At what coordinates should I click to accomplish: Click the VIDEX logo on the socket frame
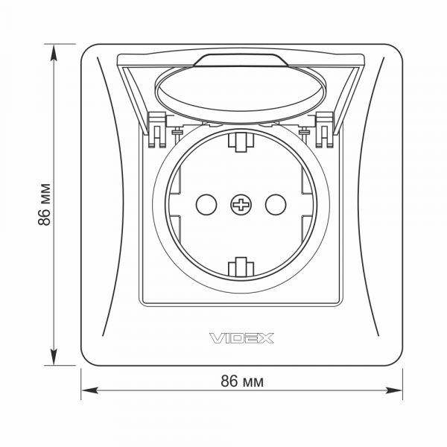point(241,338)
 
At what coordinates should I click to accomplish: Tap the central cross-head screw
point(241,205)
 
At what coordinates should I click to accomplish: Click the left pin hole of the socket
point(206,205)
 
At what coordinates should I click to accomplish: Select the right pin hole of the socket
point(276,205)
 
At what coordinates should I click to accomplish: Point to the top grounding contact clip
point(241,142)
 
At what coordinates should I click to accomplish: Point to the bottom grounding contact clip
point(241,267)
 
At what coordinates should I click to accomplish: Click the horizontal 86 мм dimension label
point(242,381)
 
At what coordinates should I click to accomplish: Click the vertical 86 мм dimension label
point(44,205)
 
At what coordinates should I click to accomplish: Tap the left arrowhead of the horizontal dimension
point(89,390)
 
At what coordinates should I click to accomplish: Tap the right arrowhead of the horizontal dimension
point(394,390)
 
